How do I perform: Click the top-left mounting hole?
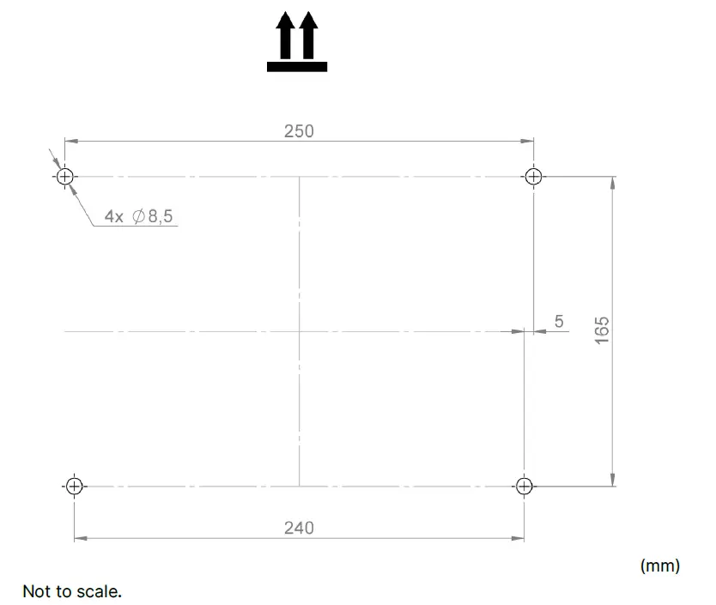click(x=64, y=177)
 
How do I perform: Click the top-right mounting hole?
click(x=533, y=177)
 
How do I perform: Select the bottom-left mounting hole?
click(x=74, y=486)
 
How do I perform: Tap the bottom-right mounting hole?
click(x=525, y=486)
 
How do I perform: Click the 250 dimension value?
click(x=299, y=131)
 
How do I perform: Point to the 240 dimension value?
click(x=299, y=528)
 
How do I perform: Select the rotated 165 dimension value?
click(x=602, y=330)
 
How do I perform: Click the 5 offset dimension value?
click(x=559, y=321)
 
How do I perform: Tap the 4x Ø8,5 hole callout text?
click(x=138, y=216)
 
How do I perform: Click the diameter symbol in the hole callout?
click(x=139, y=216)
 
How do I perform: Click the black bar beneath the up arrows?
click(x=296, y=65)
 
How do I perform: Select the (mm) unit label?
click(x=659, y=566)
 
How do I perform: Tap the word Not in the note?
click(x=36, y=591)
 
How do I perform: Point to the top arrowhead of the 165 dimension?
click(x=612, y=183)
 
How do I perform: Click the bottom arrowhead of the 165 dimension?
click(x=612, y=480)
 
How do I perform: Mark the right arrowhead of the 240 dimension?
click(x=519, y=539)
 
